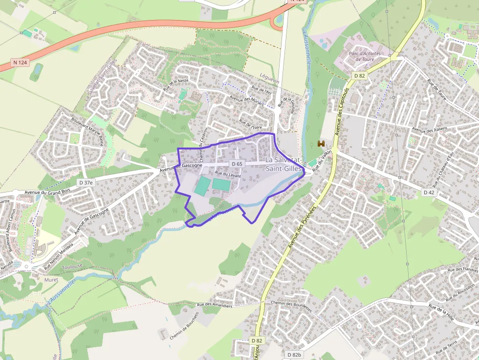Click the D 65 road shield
(237, 164)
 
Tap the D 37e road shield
(86, 183)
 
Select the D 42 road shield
(429, 192)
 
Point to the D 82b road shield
(294, 355)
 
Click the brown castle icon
(321, 144)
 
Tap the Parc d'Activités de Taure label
(364, 56)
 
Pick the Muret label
(51, 280)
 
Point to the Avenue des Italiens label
(431, 129)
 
